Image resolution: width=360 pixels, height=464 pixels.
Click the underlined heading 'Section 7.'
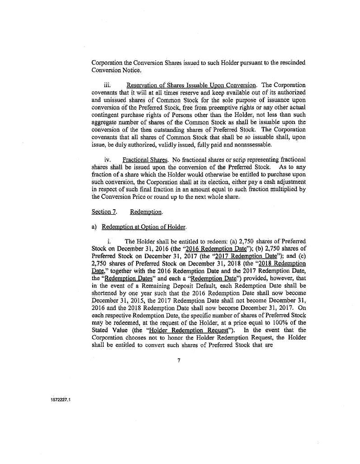(101, 212)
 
